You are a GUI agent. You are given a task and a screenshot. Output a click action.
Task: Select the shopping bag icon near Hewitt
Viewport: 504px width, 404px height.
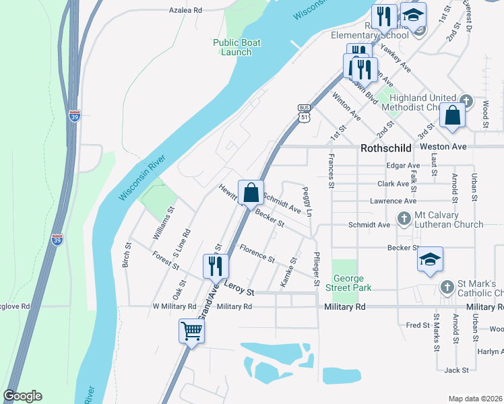tap(251, 193)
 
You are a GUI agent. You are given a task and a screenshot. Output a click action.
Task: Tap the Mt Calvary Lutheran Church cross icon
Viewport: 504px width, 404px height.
tap(404, 218)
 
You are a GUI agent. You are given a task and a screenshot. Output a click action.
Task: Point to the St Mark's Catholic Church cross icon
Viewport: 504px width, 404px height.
tap(446, 287)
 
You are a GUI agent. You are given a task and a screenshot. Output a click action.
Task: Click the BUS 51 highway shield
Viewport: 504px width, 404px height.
tap(304, 113)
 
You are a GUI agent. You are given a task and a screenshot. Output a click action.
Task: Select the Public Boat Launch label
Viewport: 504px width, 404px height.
tap(237, 47)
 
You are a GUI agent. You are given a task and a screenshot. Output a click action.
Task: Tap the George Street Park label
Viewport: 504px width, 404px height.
tap(347, 283)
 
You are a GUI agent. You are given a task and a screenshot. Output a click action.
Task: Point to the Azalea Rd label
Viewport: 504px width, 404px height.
tap(185, 11)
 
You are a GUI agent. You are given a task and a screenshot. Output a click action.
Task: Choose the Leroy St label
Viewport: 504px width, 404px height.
tap(240, 293)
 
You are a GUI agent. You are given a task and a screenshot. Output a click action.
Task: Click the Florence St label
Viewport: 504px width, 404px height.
tap(257, 254)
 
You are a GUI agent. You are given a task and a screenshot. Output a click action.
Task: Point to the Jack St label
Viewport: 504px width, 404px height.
tap(456, 370)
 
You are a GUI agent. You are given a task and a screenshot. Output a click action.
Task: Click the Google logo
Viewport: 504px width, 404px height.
tap(22, 396)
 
